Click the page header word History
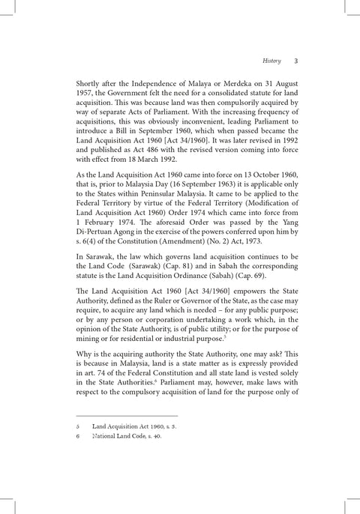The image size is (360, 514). pyautogui.click(x=271, y=61)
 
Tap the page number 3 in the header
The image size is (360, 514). pyautogui.click(x=296, y=61)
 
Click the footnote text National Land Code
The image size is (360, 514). pyautogui.click(x=117, y=435)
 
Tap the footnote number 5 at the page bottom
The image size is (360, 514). pyautogui.click(x=79, y=424)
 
